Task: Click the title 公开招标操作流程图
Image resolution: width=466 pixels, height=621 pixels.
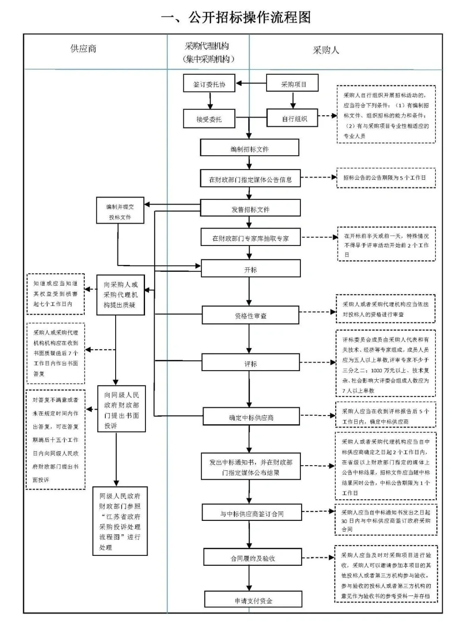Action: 236,18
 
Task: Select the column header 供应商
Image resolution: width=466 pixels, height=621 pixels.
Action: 83,49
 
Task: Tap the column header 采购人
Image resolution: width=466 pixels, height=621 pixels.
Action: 326,50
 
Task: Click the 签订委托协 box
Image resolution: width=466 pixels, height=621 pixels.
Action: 209,84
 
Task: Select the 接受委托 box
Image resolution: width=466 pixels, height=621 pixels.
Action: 209,119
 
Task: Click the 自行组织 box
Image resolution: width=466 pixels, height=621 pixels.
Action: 293,118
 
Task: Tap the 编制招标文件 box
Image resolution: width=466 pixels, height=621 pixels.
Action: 249,148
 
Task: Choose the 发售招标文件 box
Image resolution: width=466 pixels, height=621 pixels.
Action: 250,208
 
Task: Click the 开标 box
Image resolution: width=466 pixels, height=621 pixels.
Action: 250,269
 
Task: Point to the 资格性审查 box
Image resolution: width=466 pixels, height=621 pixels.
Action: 250,315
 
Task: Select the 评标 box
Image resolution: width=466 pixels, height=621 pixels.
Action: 250,363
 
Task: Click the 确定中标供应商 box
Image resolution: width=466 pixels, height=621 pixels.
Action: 251,417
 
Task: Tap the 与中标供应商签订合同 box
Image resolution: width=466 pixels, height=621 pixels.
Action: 252,513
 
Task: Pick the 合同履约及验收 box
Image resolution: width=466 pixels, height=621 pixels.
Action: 252,558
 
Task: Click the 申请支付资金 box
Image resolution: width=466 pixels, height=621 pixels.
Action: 253,600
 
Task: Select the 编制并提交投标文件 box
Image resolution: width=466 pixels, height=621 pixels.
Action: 120,211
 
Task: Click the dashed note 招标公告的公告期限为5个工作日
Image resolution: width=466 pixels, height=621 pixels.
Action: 386,178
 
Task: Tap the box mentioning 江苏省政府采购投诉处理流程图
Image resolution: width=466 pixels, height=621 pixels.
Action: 120,521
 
